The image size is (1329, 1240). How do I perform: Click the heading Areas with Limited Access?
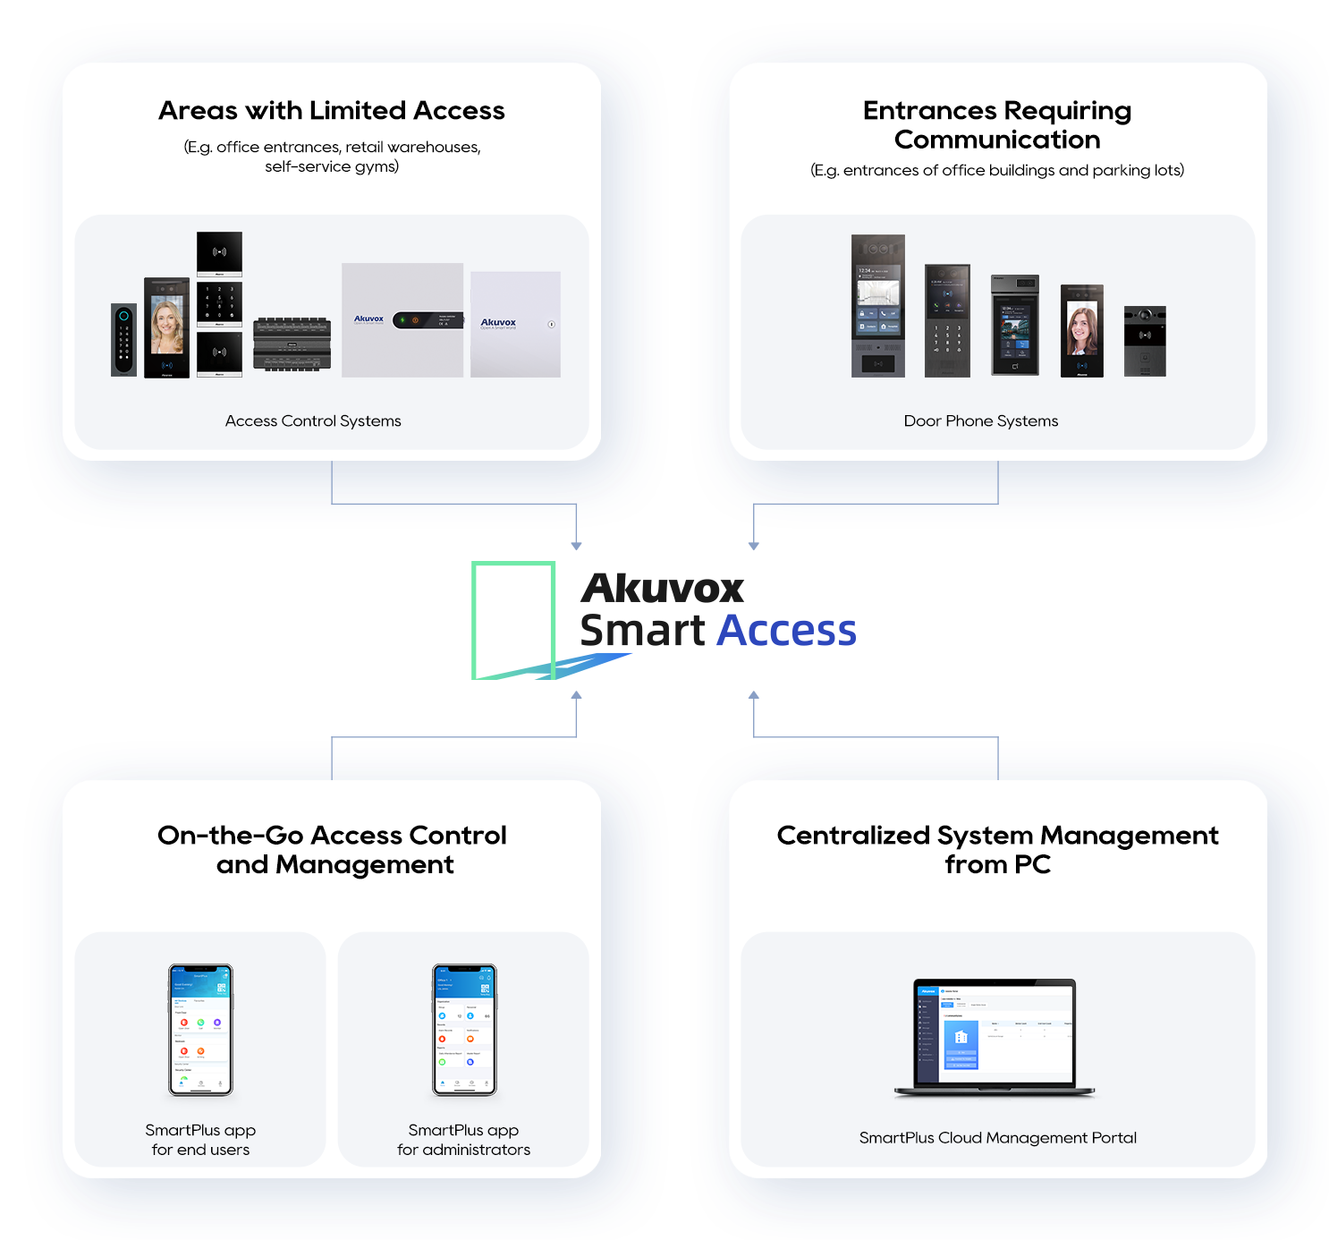coord(332,111)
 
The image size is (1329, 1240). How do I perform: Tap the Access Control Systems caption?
coord(313,421)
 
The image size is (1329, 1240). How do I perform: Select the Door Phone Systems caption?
coord(980,421)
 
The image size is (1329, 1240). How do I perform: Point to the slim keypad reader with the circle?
coord(123,340)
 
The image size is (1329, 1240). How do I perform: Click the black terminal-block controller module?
coord(292,344)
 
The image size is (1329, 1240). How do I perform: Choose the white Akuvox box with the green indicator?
coord(402,319)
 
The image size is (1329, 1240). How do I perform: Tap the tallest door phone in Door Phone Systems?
coord(877,305)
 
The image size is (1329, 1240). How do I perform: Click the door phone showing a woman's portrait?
coord(1081,331)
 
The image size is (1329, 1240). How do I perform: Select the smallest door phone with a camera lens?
coord(1145,341)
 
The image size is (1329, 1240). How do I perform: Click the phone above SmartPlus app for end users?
coord(201,1030)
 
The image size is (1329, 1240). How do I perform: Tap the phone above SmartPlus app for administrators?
coord(464,1030)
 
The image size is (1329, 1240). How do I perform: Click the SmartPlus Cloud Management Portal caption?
coord(997,1138)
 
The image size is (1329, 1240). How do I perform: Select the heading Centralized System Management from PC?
coord(997,850)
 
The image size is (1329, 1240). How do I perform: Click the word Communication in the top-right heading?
coord(997,140)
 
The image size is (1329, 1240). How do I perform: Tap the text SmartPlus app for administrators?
coord(463,1140)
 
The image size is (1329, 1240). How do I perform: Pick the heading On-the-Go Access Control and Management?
coord(332,850)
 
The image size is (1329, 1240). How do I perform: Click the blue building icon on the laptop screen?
coord(961,1037)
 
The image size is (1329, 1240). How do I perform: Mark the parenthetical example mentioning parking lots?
coord(997,171)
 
